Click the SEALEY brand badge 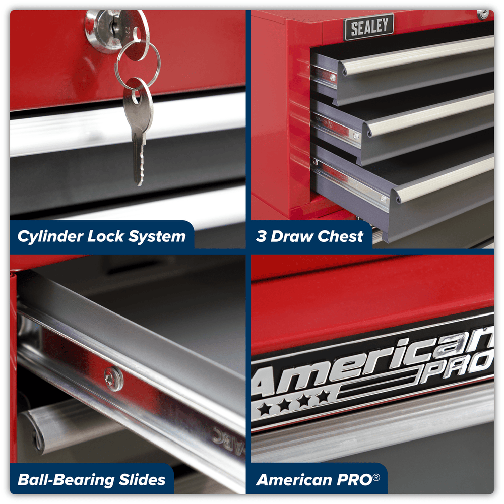pyautogui.click(x=369, y=27)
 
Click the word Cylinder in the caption pyautogui.click(x=50, y=236)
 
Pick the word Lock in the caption pyautogui.click(x=106, y=236)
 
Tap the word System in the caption pyautogui.click(x=157, y=237)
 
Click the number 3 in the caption pyautogui.click(x=261, y=236)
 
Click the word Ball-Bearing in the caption pyautogui.click(x=66, y=480)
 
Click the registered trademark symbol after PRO pyautogui.click(x=376, y=477)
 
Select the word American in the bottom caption pyautogui.click(x=294, y=480)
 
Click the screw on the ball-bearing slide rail pyautogui.click(x=113, y=379)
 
